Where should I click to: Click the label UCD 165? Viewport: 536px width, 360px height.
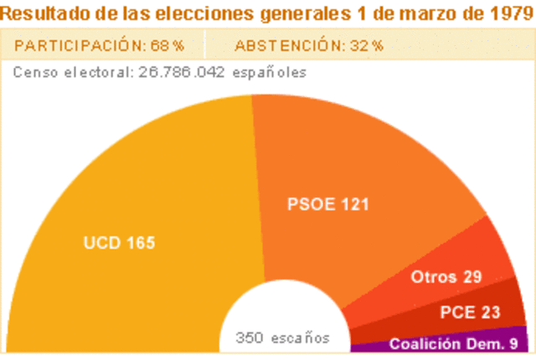119,243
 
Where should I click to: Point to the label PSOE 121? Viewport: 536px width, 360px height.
328,204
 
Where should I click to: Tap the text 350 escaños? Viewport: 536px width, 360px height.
282,338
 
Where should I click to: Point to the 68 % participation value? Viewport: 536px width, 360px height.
167,46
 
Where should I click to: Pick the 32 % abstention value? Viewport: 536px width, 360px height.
367,46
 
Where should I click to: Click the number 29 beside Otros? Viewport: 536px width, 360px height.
472,277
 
